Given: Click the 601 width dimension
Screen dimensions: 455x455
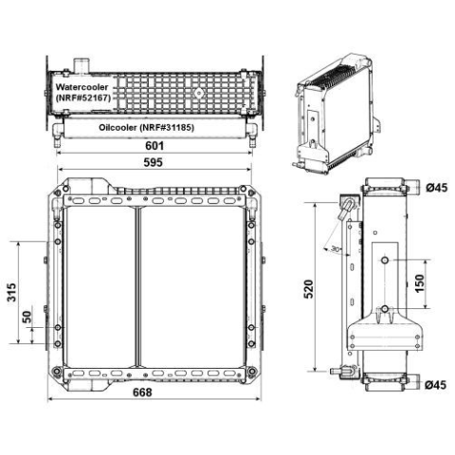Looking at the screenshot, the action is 155,146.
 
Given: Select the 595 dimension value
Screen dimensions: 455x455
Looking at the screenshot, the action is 154,162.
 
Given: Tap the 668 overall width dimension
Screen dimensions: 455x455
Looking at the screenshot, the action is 142,392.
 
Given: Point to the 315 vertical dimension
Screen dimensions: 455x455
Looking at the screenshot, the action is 11,292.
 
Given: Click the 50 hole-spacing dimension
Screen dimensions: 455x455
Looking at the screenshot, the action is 27,317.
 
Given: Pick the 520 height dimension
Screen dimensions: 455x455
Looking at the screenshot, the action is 309,289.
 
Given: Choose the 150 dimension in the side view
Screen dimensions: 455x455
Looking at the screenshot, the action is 419,283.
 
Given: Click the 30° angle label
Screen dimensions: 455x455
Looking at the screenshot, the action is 336,249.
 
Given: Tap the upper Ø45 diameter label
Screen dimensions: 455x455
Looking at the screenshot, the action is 436,188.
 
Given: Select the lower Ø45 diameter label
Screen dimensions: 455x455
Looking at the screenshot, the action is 436,385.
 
